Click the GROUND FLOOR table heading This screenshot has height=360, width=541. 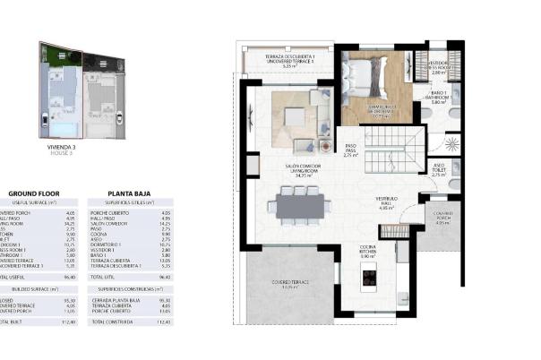pos(32,193)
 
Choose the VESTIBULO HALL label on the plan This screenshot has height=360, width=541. pos(389,203)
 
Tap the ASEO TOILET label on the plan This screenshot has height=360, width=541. pos(438,170)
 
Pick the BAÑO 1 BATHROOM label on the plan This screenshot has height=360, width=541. pos(438,99)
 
